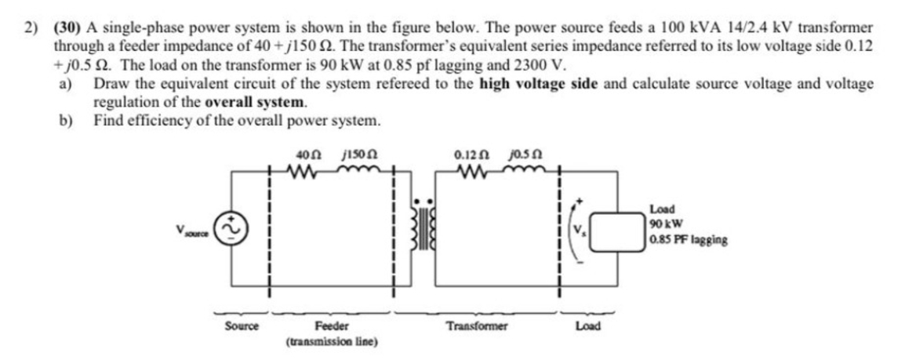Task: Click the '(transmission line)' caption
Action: (x=333, y=342)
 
